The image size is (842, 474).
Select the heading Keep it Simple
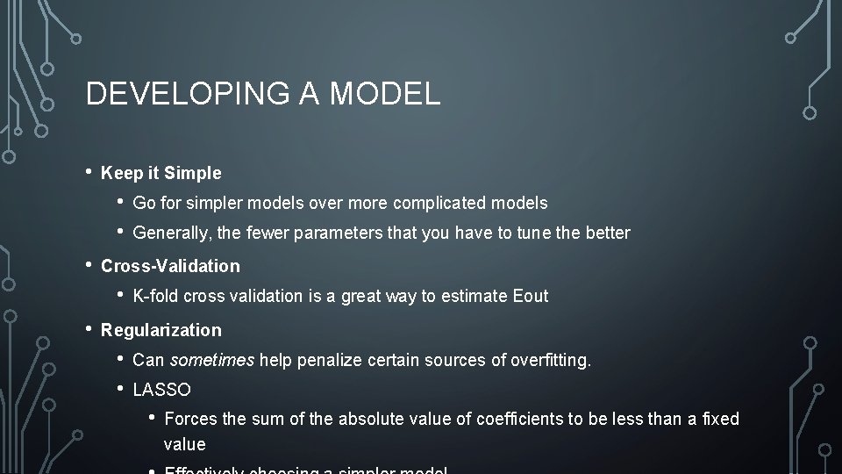click(161, 174)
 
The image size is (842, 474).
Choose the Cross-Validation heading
click(170, 266)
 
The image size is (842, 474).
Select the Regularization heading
click(161, 331)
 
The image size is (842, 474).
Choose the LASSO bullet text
click(161, 390)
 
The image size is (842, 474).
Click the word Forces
click(190, 420)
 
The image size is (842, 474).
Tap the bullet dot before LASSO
click(121, 388)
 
